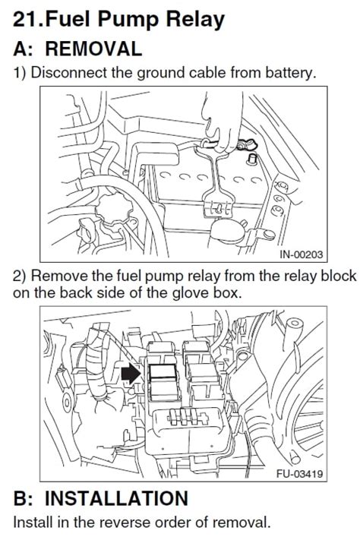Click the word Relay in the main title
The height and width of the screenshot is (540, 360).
195,18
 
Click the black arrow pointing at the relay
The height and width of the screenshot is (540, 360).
131,372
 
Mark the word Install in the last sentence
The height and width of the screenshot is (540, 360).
32,523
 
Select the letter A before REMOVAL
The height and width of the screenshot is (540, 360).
22,49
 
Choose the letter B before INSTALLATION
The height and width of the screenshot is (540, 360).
22,499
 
